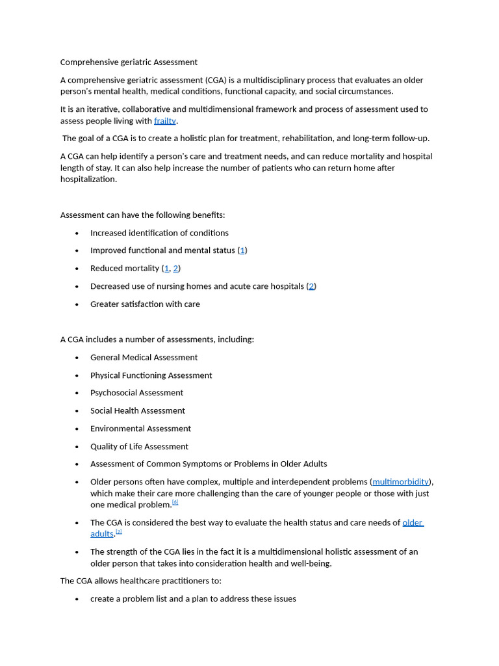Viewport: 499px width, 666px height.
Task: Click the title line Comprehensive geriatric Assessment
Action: tap(129, 62)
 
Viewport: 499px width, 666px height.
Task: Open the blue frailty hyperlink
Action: tap(165, 121)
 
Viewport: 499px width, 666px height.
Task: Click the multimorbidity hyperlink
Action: tap(400, 482)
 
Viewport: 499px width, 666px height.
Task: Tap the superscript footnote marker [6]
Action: tap(175, 502)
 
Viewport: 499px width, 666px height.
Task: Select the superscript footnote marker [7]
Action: tap(119, 531)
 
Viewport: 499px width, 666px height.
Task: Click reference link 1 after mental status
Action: tap(242, 250)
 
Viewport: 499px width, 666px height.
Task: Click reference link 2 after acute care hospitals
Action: tap(311, 286)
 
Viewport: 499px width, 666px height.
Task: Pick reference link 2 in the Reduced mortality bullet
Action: tap(175, 268)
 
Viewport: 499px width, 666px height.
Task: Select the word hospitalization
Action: tap(88, 180)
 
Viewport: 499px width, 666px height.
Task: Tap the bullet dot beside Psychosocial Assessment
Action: tap(77, 393)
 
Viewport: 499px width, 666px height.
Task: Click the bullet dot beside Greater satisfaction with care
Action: tap(77, 304)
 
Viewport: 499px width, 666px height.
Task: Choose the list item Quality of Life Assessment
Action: tap(139, 447)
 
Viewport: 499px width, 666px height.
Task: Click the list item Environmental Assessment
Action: tap(140, 429)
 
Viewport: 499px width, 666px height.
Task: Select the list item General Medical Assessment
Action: tap(144, 358)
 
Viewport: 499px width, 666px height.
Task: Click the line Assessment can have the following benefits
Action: tap(142, 215)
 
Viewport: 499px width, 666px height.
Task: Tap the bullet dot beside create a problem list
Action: tap(77, 599)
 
